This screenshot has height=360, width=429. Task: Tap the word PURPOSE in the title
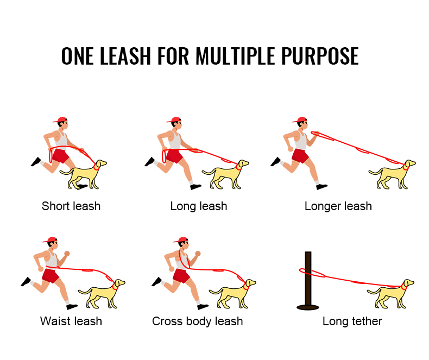(321, 56)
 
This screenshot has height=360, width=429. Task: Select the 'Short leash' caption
(71, 206)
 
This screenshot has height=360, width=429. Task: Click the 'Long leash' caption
(199, 206)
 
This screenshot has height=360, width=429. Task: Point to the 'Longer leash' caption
(338, 206)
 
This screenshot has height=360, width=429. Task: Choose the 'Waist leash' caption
(71, 321)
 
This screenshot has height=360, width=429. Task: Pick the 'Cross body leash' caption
(198, 321)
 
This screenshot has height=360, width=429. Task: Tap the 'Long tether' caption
(352, 321)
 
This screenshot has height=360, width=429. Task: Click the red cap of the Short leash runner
(61, 119)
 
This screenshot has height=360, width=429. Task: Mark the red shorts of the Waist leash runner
(51, 275)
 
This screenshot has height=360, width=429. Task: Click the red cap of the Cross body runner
(182, 239)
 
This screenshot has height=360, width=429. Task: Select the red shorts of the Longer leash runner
(300, 156)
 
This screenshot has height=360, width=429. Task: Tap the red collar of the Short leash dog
(96, 167)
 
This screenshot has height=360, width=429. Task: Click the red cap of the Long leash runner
(175, 119)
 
